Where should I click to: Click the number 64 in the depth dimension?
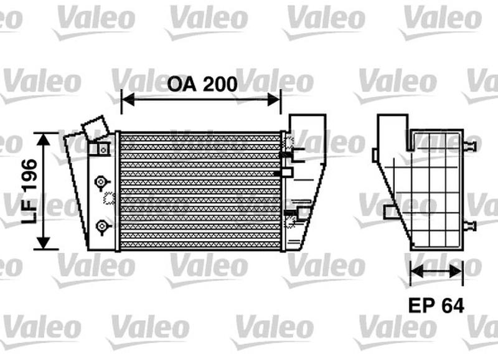tap(454, 306)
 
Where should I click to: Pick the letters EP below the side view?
tap(421, 306)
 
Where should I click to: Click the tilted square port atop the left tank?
tap(94, 128)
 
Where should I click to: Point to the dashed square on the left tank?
tap(110, 199)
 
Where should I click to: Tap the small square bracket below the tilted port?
tap(100, 149)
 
